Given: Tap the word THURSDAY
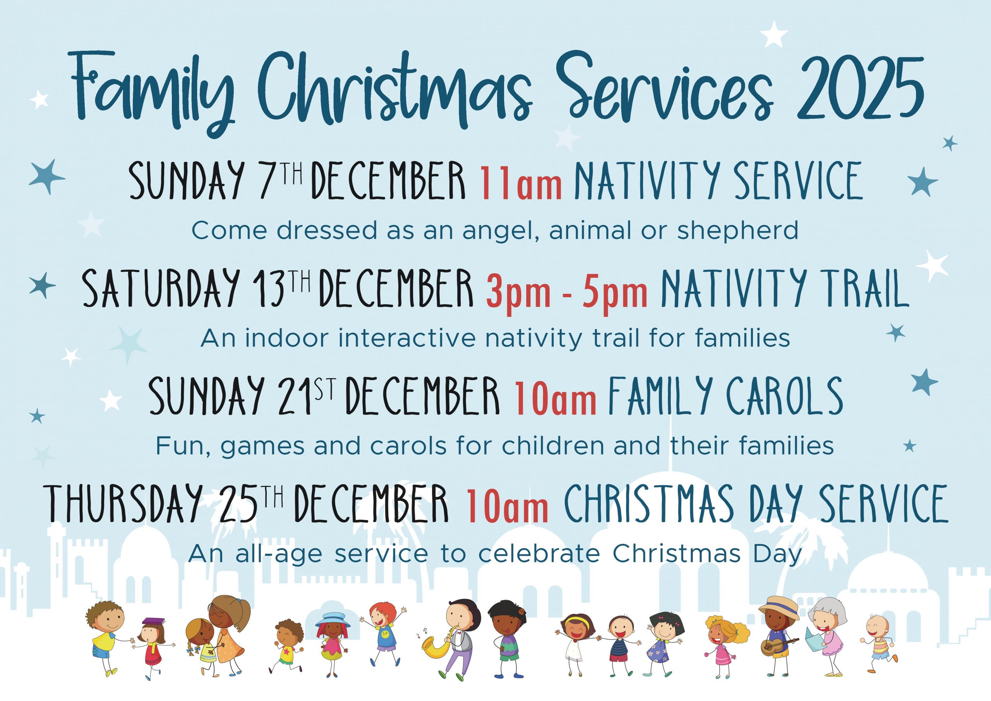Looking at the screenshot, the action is point(123,503).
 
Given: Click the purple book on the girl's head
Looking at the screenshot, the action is point(154,621).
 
